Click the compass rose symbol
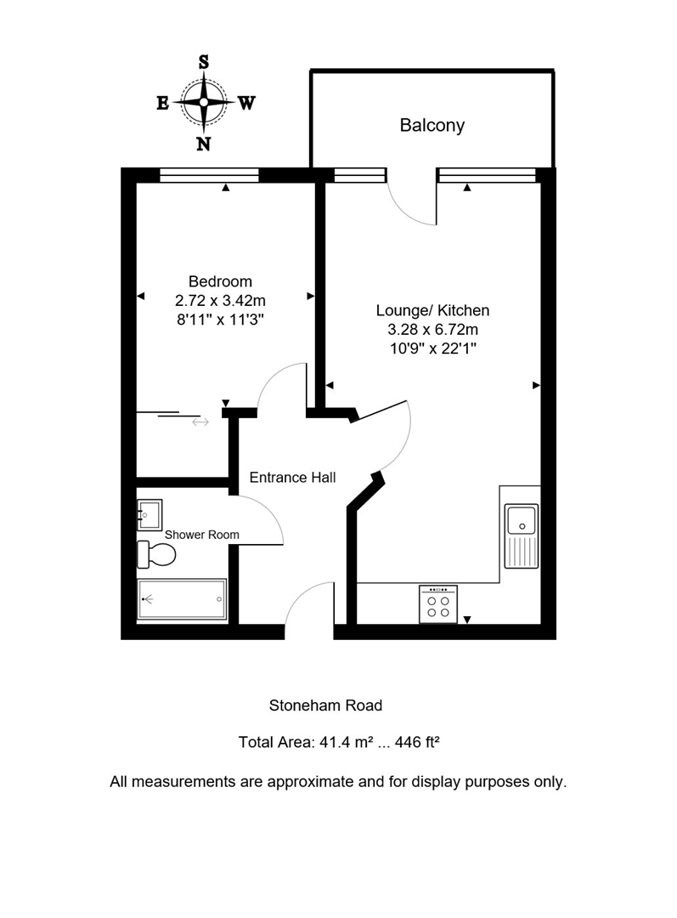(x=204, y=102)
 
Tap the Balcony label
(x=432, y=126)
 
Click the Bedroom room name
(x=220, y=281)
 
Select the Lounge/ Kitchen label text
(x=433, y=310)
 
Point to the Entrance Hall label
(x=292, y=478)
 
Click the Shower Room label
(x=202, y=535)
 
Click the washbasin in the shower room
(x=150, y=514)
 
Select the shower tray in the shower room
(x=183, y=599)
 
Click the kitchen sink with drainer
(x=522, y=535)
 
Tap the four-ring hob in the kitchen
(x=438, y=604)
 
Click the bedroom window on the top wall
(x=209, y=175)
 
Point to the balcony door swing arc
(x=409, y=205)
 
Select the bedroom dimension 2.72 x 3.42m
(x=220, y=300)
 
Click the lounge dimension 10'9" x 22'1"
(x=433, y=348)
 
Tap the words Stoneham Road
(x=325, y=705)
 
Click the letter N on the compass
(x=204, y=143)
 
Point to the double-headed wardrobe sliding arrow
(x=200, y=422)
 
